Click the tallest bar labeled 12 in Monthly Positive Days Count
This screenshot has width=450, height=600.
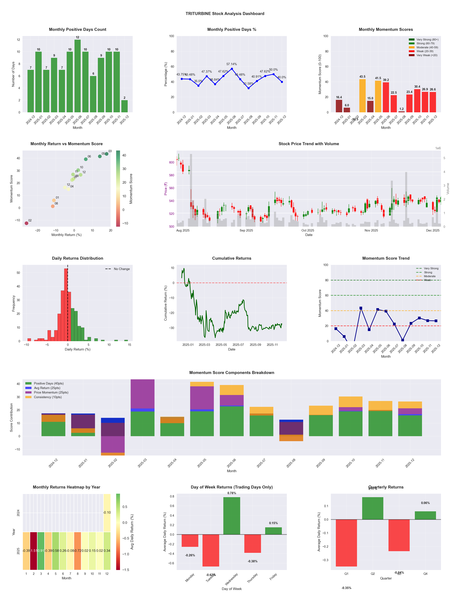(x=77, y=76)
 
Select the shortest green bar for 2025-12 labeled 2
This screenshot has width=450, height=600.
(x=124, y=106)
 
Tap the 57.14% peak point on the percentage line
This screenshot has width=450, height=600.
(x=232, y=69)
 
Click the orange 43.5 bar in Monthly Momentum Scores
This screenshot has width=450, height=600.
(x=362, y=96)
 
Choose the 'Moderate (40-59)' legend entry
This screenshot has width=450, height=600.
(x=427, y=47)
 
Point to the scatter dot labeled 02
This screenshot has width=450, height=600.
(x=26, y=223)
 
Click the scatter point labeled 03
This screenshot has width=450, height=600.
(x=107, y=154)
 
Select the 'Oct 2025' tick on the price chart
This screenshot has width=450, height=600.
(x=308, y=230)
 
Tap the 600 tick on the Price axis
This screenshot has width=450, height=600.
(x=171, y=162)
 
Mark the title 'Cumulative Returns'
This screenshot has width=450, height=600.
(x=232, y=258)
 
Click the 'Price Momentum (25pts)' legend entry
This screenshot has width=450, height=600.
(x=51, y=392)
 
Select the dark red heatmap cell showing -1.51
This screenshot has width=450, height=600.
(x=34, y=551)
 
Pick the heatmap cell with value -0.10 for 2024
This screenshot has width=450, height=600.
(x=107, y=513)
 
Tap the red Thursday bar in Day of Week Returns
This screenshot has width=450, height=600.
(x=252, y=543)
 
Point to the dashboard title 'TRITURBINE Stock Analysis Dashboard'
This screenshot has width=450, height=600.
(x=225, y=13)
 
